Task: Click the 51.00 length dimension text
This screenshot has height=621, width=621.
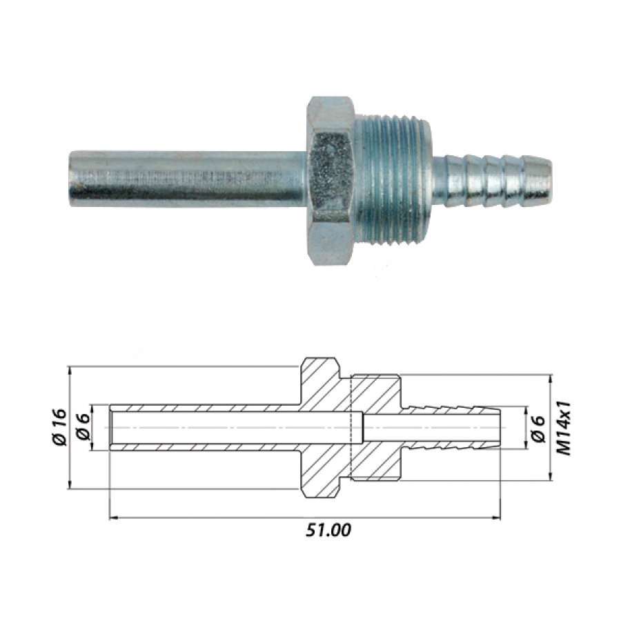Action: (x=328, y=531)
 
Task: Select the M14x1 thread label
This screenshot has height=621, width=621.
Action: (x=564, y=428)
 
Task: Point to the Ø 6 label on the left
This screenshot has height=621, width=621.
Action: (x=84, y=427)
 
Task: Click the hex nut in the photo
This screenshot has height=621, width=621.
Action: (x=331, y=181)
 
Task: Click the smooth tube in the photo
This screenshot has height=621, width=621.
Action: (x=188, y=178)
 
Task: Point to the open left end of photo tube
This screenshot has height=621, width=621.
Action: (x=71, y=178)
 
